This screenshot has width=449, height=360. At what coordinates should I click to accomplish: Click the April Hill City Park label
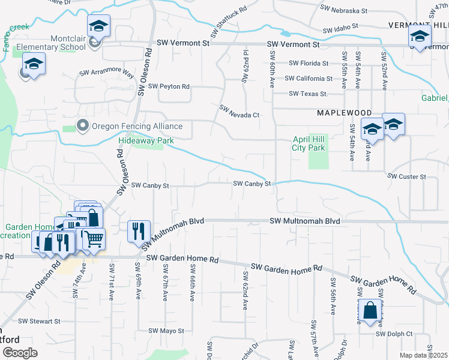[309, 143]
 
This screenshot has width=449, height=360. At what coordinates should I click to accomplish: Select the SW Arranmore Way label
[107, 73]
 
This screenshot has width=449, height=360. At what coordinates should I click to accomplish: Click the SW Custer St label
[407, 177]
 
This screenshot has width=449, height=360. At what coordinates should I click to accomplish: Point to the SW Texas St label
[308, 94]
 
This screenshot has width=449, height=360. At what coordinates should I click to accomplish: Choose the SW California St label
[309, 79]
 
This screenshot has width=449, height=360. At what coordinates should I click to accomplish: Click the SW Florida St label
[309, 63]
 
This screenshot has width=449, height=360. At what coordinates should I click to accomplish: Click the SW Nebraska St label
[344, 11]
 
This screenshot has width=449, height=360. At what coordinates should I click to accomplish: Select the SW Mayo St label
[166, 331]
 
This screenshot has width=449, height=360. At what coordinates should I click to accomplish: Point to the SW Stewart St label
[40, 322]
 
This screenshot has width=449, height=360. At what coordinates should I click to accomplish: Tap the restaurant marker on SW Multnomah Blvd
[139, 230]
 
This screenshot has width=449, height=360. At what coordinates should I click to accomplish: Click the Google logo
[19, 353]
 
